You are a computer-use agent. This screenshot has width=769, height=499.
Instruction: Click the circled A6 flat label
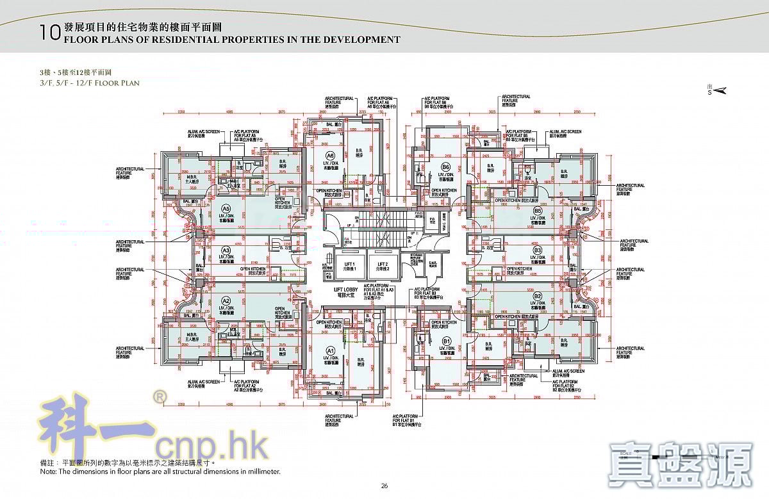click(x=330, y=156)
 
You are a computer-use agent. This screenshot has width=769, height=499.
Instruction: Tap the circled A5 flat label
click(x=226, y=209)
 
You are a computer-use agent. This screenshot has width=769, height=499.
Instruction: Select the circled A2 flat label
click(x=226, y=300)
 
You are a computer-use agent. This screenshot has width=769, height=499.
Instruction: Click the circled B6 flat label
click(x=445, y=167)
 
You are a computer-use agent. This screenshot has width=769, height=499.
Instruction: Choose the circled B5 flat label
click(x=538, y=211)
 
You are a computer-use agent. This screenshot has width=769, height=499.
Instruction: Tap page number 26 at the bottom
click(x=384, y=486)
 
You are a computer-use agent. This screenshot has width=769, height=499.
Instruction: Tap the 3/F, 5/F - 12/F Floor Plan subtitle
click(x=89, y=83)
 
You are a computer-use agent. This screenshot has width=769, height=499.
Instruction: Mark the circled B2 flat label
click(x=538, y=296)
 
